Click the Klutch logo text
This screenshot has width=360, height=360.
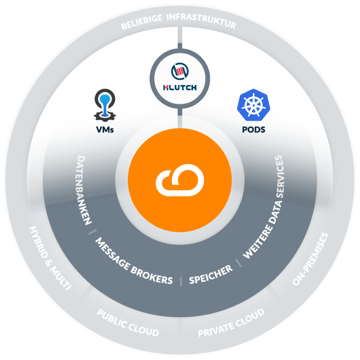click(180, 87)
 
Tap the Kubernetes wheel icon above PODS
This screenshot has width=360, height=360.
click(253, 105)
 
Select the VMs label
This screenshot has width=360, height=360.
click(105, 130)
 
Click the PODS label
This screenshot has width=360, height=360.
click(253, 130)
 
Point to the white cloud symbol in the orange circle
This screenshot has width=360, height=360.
click(180, 180)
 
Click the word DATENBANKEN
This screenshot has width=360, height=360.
click(83, 190)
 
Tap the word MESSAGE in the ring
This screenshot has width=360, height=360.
click(113, 254)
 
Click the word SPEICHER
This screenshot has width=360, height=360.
click(210, 274)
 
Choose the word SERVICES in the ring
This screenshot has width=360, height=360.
click(279, 176)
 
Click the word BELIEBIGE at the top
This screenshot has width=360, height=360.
click(141, 22)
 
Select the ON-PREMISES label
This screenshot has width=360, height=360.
click(310, 259)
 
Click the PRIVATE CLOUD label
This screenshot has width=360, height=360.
click(231, 323)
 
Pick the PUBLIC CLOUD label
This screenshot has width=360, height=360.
click(128, 323)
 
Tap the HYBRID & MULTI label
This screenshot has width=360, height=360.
click(50, 258)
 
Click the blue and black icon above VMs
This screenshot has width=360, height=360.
click(105, 106)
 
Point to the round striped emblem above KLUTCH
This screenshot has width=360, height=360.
click(180, 71)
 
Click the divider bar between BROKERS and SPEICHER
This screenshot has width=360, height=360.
click(181, 281)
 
